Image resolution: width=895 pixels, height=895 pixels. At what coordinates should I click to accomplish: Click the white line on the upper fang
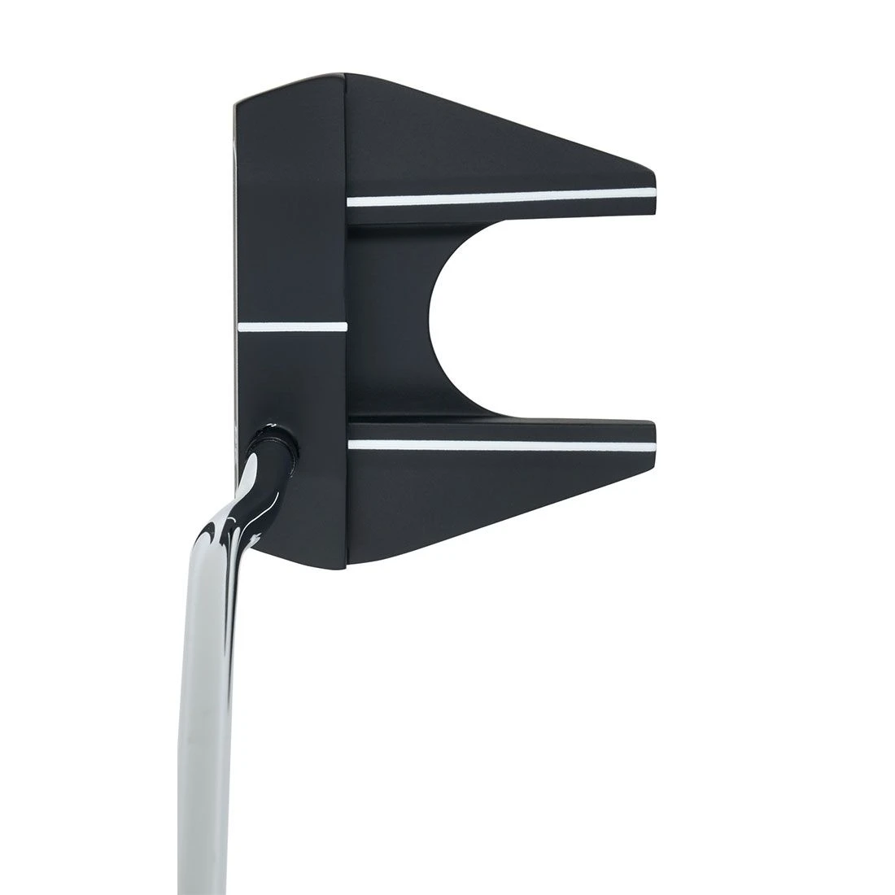click(x=500, y=197)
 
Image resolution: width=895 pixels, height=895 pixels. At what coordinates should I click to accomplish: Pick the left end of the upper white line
click(x=350, y=201)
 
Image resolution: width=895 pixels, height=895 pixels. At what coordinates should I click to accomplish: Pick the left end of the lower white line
click(x=350, y=444)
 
